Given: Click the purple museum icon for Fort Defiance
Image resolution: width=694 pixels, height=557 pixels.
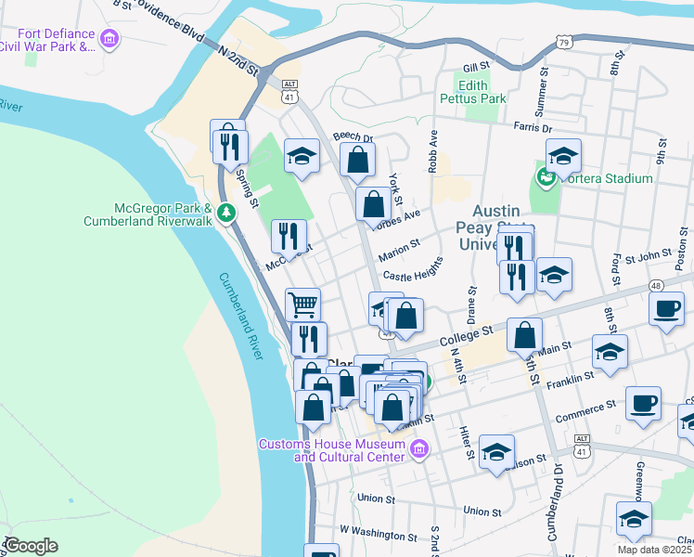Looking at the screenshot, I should pos(109,39).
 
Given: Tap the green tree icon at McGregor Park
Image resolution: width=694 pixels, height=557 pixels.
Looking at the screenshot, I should pos(225,214).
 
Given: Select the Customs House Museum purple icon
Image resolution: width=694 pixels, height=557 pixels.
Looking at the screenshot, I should pos(418,450).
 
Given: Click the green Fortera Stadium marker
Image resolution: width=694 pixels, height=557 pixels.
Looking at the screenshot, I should pos(545,177).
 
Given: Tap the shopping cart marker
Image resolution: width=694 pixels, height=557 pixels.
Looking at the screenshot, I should pos(302,304).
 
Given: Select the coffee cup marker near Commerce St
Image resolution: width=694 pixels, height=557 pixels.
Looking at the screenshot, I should pos(642,403).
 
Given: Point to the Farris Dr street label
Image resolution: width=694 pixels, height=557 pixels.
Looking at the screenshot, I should pos(532,128).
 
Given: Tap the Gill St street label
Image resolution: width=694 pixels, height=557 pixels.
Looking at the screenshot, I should pos(476,67).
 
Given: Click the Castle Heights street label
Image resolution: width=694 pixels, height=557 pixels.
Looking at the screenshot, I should pos(413,268).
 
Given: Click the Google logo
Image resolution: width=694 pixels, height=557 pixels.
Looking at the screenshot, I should pos(32,545).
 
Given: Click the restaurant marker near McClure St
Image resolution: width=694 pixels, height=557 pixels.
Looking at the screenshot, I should pos(289,238).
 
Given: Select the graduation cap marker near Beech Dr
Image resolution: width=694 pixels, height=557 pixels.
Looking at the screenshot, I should pos(302,156).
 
